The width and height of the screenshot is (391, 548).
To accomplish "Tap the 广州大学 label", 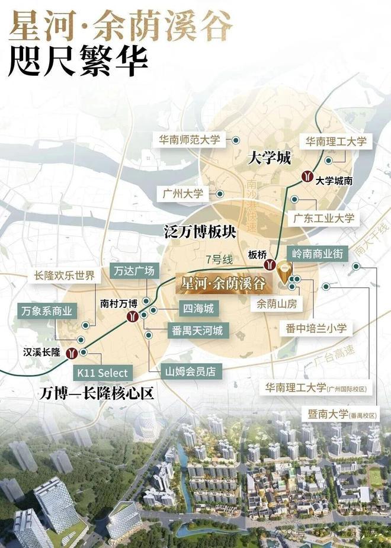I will coord(182,194).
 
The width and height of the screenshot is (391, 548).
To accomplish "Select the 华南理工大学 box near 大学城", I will coord(336,142).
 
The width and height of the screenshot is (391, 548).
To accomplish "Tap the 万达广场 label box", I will coord(134,271).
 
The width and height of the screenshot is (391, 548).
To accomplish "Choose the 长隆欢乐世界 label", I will coord(65,275).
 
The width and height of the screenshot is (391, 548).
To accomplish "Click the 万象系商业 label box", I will coord(46,310).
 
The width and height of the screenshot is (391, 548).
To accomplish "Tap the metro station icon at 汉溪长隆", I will coord(72,353).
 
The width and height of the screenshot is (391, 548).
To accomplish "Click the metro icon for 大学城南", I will coord(307,175).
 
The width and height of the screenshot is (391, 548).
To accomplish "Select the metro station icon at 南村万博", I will coord(133,316).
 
